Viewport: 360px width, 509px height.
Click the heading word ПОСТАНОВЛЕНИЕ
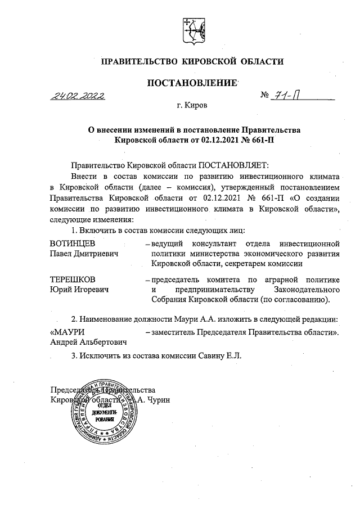tap(191, 84)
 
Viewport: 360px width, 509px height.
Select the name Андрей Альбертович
tap(88, 341)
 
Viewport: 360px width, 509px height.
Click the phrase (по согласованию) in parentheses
tap(295, 300)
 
